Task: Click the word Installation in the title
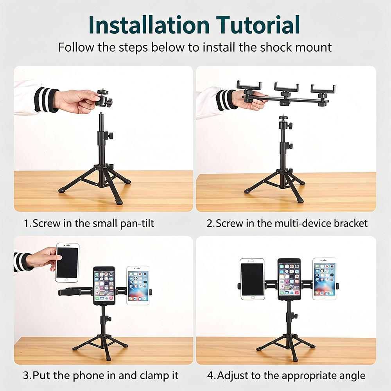[x=149, y=25]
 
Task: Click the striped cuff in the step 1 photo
[x=46, y=100]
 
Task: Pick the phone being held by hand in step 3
[x=67, y=263]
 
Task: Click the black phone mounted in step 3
[x=104, y=286]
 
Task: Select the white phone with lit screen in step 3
[x=138, y=285]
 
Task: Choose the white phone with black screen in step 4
[x=252, y=279]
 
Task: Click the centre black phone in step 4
[x=289, y=279]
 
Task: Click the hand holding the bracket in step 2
[x=249, y=100]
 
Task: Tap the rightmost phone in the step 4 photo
[x=325, y=279]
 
